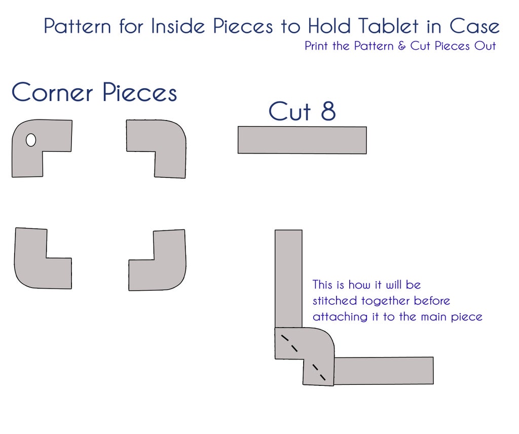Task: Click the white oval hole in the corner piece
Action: point(31,140)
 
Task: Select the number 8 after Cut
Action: point(328,111)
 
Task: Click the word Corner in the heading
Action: point(52,92)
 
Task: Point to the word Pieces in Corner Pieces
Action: point(140,92)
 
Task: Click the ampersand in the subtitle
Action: point(401,46)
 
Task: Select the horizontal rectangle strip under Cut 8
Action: point(302,140)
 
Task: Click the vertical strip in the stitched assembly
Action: point(288,279)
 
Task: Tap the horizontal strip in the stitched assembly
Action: point(383,371)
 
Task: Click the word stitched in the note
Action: point(335,301)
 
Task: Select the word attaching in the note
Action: point(340,317)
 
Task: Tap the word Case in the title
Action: point(474,26)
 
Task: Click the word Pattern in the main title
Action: point(78,26)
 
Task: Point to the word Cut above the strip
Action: point(289,111)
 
